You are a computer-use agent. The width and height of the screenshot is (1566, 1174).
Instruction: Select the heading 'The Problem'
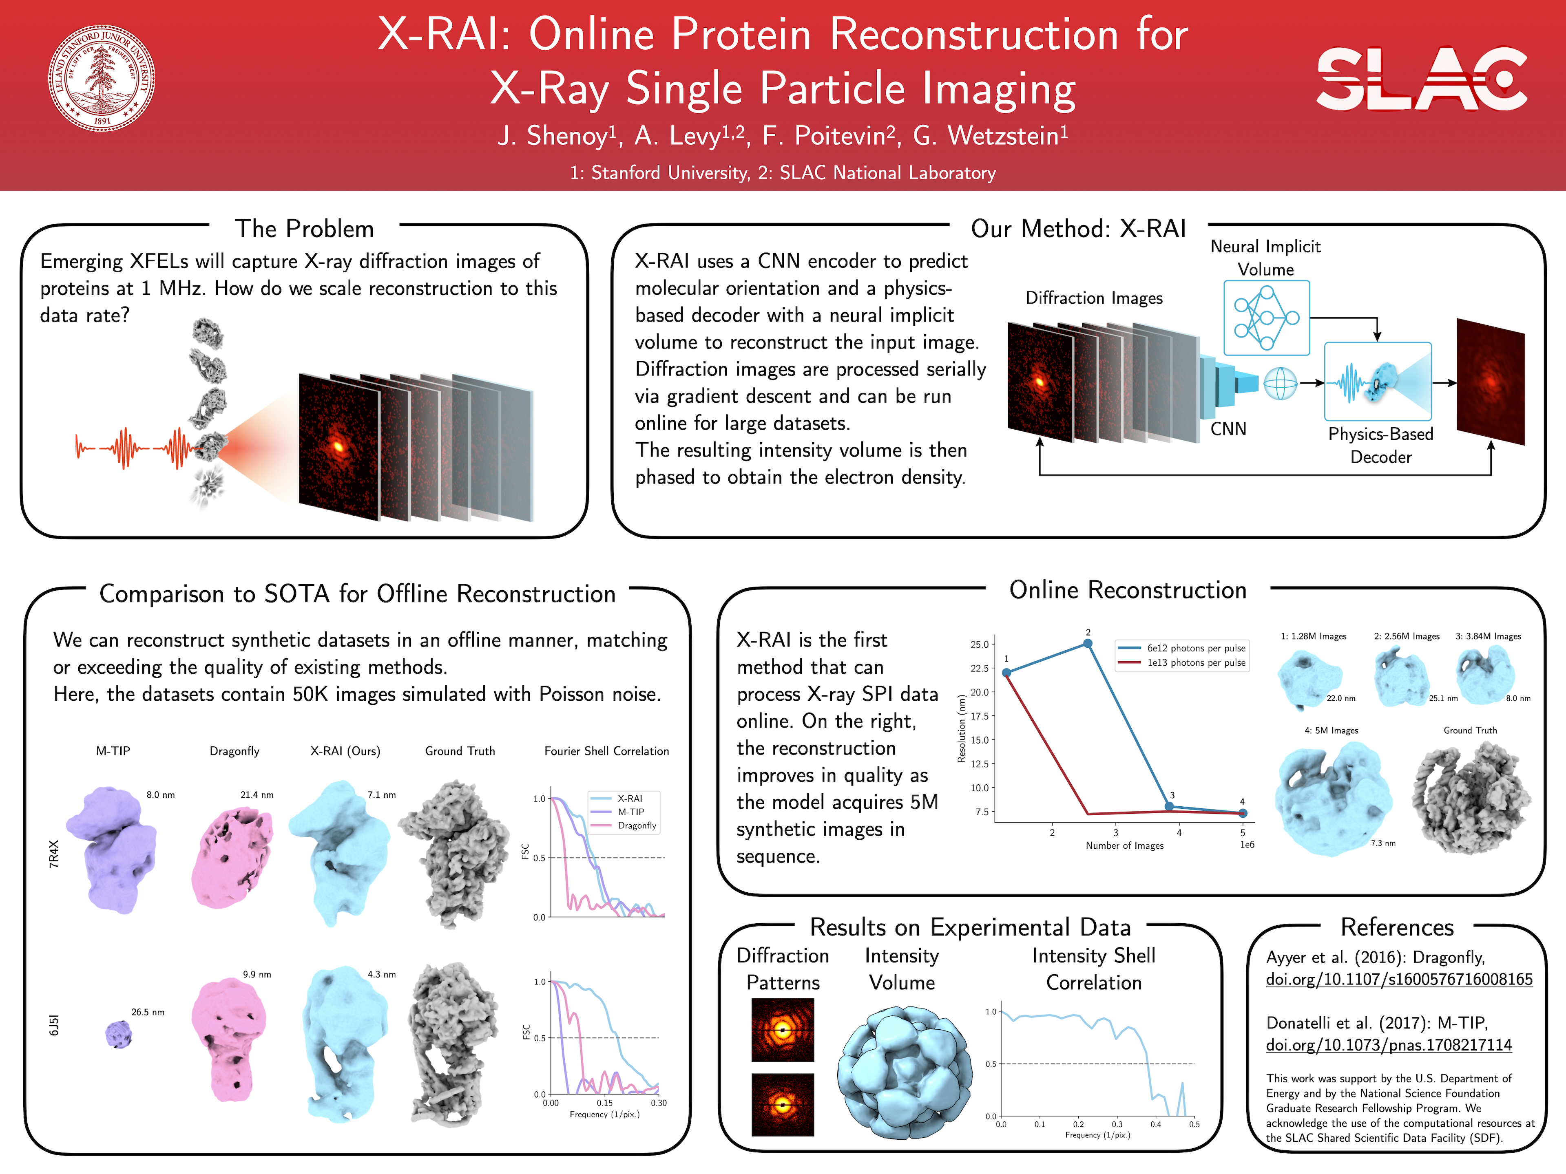[x=304, y=229]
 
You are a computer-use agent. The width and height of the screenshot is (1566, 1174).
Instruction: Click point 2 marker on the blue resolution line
[x=1088, y=643]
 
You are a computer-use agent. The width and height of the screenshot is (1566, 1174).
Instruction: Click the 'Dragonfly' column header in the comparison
[x=234, y=751]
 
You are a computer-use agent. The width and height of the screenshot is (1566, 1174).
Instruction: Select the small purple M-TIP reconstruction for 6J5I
[x=118, y=1035]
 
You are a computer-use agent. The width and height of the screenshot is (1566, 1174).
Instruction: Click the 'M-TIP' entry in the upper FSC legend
[x=630, y=812]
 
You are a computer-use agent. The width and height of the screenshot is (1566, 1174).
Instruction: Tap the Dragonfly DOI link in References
[x=1399, y=980]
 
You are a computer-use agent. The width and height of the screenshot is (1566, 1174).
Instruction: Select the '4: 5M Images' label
[x=1331, y=730]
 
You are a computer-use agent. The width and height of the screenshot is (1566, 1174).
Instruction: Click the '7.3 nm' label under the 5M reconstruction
[x=1382, y=843]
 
